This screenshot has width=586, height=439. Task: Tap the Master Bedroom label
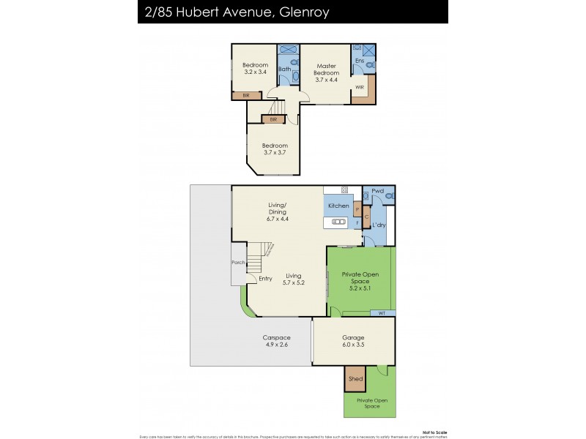pos(327,70)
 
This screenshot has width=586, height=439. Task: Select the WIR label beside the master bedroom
pos(360,87)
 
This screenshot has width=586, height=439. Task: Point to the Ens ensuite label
pos(359,61)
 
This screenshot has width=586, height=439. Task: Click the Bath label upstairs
pos(284,70)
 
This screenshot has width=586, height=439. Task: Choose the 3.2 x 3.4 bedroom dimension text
pos(256,72)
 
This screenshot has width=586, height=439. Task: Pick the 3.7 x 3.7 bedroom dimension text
pos(275,153)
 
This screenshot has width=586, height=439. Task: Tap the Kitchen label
pos(338,206)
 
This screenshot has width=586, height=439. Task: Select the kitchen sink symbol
pos(339,221)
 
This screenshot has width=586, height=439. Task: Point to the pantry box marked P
pos(357,206)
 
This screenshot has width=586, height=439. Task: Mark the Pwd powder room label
pos(378,191)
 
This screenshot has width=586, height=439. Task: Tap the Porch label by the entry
pos(237,263)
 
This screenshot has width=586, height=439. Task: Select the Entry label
pos(265,278)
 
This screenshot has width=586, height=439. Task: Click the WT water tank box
pos(382,313)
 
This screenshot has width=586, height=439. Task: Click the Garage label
pos(353,337)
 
